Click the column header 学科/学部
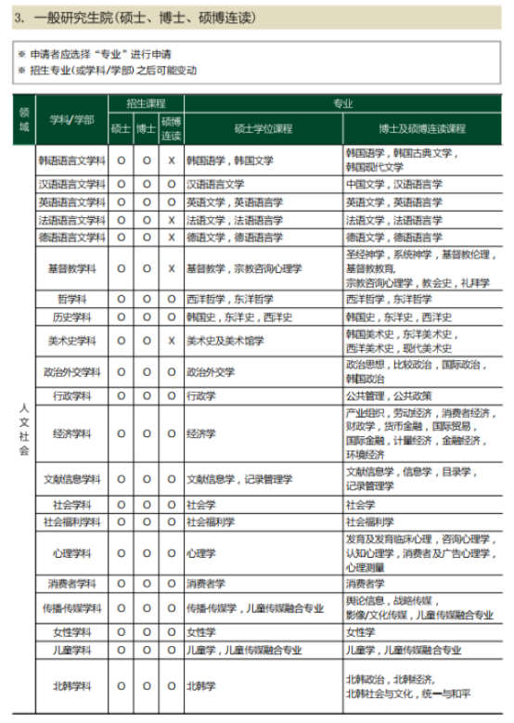tap(72, 119)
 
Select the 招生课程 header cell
tap(146, 103)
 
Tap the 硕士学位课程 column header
tap(263, 128)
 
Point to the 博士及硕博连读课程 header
tap(422, 128)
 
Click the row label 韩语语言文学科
tap(72, 160)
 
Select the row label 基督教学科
tap(72, 268)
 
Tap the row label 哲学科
tap(72, 299)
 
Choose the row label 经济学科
tap(72, 433)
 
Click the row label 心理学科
tap(72, 553)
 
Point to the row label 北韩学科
tap(72, 686)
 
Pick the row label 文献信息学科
tap(72, 479)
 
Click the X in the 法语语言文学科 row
tap(171, 220)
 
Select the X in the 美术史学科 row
tap(171, 341)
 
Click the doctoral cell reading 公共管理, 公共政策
tap(388, 395)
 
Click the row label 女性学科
tap(72, 632)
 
